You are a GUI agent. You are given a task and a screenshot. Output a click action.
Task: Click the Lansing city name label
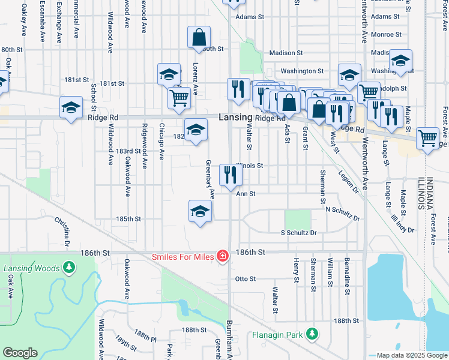pos(235,118)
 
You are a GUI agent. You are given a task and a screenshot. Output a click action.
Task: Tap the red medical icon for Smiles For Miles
pos(222,256)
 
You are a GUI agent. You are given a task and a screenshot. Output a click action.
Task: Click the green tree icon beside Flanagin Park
pos(312,334)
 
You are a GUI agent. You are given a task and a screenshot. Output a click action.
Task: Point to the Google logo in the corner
pos(20,353)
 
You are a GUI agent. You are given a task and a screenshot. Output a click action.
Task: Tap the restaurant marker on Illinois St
pos(230,175)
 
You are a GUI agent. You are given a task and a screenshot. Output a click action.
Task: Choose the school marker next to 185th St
pos(200,211)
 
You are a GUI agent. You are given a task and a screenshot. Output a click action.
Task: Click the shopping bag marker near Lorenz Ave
pos(199,38)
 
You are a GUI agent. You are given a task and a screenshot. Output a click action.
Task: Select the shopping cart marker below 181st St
pos(179,97)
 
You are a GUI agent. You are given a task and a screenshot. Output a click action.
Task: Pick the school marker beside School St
pos(71,108)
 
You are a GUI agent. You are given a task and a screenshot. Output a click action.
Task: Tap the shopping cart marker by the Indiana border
pos(427,138)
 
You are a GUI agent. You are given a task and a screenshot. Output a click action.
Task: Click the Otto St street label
pos(246,279)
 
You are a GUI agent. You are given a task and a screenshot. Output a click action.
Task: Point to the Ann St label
pos(246,194)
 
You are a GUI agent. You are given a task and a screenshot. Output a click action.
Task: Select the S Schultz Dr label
pos(298,232)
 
